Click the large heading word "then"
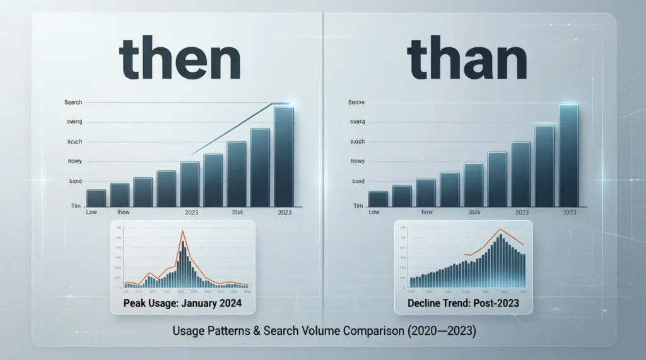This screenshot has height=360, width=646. (x=179, y=61)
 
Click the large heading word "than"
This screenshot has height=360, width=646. (x=467, y=61)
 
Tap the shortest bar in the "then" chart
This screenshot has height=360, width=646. (x=96, y=198)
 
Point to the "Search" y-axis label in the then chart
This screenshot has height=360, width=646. (x=73, y=102)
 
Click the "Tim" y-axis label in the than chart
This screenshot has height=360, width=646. (x=358, y=206)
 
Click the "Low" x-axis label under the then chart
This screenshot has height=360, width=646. (x=91, y=212)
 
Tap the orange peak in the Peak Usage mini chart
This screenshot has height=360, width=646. (x=183, y=233)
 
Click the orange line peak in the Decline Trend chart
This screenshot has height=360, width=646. (x=500, y=229)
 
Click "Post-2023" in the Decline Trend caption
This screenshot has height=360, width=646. (x=498, y=304)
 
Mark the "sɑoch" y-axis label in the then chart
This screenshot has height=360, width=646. (x=74, y=142)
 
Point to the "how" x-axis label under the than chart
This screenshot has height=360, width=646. (x=427, y=212)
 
